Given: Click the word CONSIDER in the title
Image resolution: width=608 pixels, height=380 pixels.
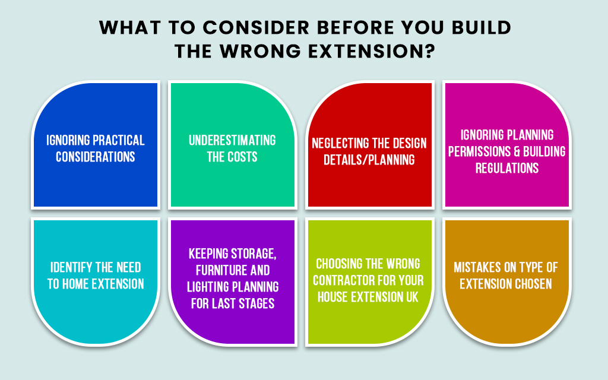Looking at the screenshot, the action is click(256, 28).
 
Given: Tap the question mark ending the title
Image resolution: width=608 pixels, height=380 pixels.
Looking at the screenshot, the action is click(430, 51).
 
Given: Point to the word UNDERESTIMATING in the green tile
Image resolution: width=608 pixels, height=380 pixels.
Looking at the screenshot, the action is click(232, 140).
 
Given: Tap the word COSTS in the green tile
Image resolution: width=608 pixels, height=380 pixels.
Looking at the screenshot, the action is click(243, 157).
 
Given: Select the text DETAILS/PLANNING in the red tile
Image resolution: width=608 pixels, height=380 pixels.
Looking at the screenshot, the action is click(369, 160).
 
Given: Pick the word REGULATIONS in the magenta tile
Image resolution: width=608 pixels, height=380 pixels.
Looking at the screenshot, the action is click(507, 168).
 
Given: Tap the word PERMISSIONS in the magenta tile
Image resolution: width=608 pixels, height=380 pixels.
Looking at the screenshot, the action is click(479, 151).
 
